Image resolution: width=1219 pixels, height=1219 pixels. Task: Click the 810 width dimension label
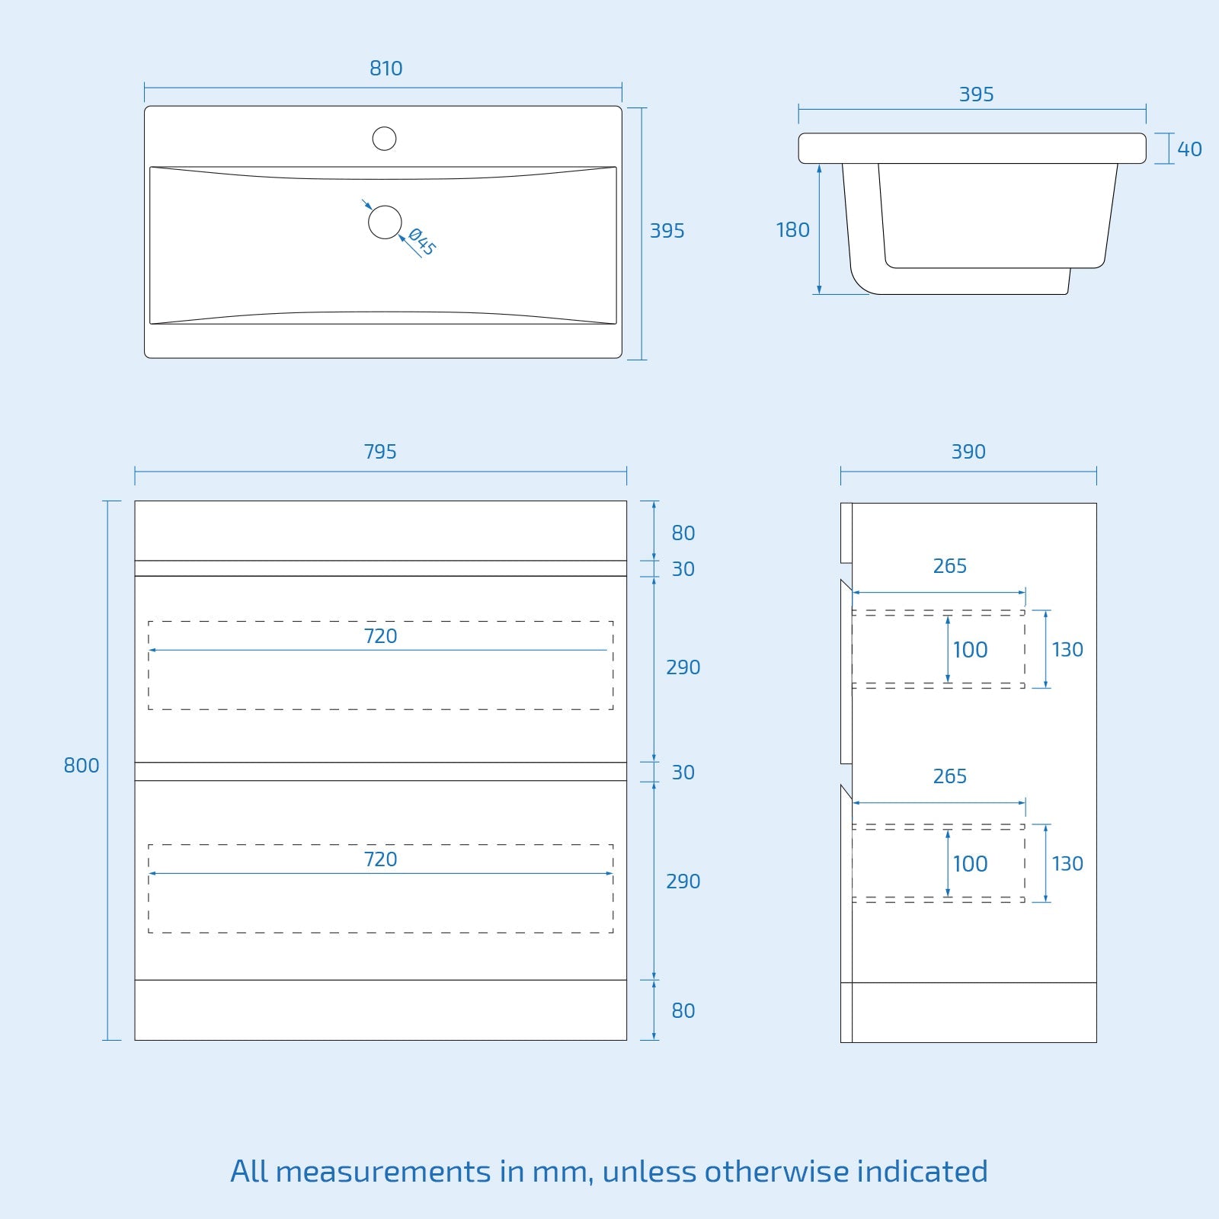click(386, 69)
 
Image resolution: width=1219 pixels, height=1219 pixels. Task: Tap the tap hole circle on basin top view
click(384, 139)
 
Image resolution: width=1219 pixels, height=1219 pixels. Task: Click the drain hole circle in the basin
click(385, 222)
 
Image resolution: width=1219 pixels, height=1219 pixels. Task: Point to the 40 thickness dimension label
click(1189, 149)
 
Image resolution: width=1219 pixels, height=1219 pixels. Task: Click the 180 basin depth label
click(792, 230)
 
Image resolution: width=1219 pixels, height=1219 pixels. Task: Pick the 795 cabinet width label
click(380, 452)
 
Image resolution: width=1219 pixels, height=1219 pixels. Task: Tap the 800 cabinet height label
click(82, 766)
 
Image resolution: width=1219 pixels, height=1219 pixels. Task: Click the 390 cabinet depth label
click(968, 452)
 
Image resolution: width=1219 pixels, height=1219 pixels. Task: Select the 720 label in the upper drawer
click(380, 636)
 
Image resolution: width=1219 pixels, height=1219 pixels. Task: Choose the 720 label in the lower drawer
click(380, 859)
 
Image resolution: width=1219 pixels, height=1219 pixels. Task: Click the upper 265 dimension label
click(949, 566)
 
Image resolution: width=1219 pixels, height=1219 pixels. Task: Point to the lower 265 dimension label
click(949, 776)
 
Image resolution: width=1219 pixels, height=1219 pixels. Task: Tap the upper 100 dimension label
click(970, 650)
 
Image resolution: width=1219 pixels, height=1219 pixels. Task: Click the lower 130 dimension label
click(1067, 864)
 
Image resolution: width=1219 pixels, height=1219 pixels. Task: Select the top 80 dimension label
click(683, 533)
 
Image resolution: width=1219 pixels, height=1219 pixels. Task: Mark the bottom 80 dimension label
click(683, 1011)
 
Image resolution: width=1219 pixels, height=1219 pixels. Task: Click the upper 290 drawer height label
click(683, 667)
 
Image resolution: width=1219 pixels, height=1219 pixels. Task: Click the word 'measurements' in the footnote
click(383, 1171)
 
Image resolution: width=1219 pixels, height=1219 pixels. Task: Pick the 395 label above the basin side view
click(976, 94)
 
